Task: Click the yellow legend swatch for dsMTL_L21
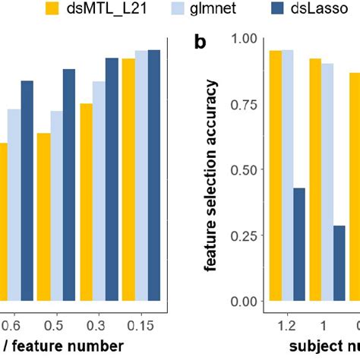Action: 52,10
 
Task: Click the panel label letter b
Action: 200,42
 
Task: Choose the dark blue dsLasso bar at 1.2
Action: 299,244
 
